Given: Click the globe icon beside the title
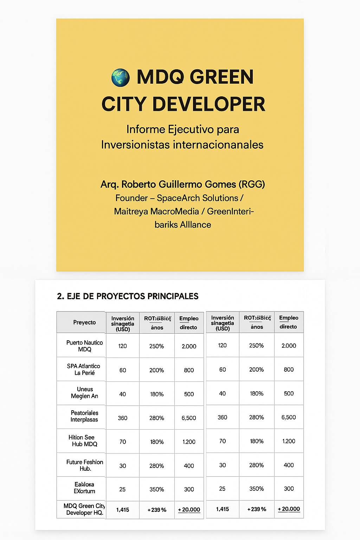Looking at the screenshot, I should point(121,78).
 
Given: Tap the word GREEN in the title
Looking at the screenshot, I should point(223,77).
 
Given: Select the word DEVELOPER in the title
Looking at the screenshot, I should point(208,104).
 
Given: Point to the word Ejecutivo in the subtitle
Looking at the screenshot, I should point(191,129).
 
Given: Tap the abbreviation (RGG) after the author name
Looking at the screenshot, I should point(251,184).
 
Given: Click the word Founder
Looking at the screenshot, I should point(131,198).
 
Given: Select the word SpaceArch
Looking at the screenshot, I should point(180,198).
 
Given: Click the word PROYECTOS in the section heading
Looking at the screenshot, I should point(121,296).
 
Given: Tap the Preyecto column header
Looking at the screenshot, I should point(84,322).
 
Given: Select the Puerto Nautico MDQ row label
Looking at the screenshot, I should point(84,346).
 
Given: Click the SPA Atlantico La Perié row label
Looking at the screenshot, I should point(84,369).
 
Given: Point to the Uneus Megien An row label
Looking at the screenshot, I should point(85,393).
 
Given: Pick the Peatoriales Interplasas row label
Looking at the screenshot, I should point(84,416).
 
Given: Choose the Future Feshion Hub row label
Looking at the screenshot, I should point(85,465).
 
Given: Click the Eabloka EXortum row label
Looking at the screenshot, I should point(84,488).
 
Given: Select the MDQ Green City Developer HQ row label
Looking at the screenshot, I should point(84,509).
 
